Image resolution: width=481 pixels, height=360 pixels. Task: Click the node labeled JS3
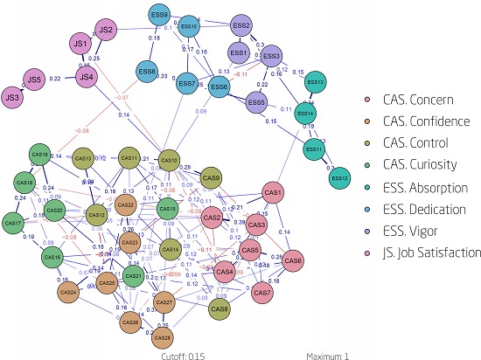(13, 96)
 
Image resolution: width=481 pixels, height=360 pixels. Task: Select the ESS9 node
(159, 16)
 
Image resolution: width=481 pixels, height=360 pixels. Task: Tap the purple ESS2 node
(242, 26)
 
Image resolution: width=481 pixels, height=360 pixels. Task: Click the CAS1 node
(273, 192)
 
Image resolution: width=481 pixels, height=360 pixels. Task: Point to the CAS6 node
(293, 260)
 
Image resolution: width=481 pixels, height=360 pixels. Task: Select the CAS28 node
(162, 337)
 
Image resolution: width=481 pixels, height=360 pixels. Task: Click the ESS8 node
(147, 72)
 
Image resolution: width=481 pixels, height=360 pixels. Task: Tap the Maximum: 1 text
(328, 355)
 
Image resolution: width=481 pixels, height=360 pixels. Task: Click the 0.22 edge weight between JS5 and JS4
(53, 79)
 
